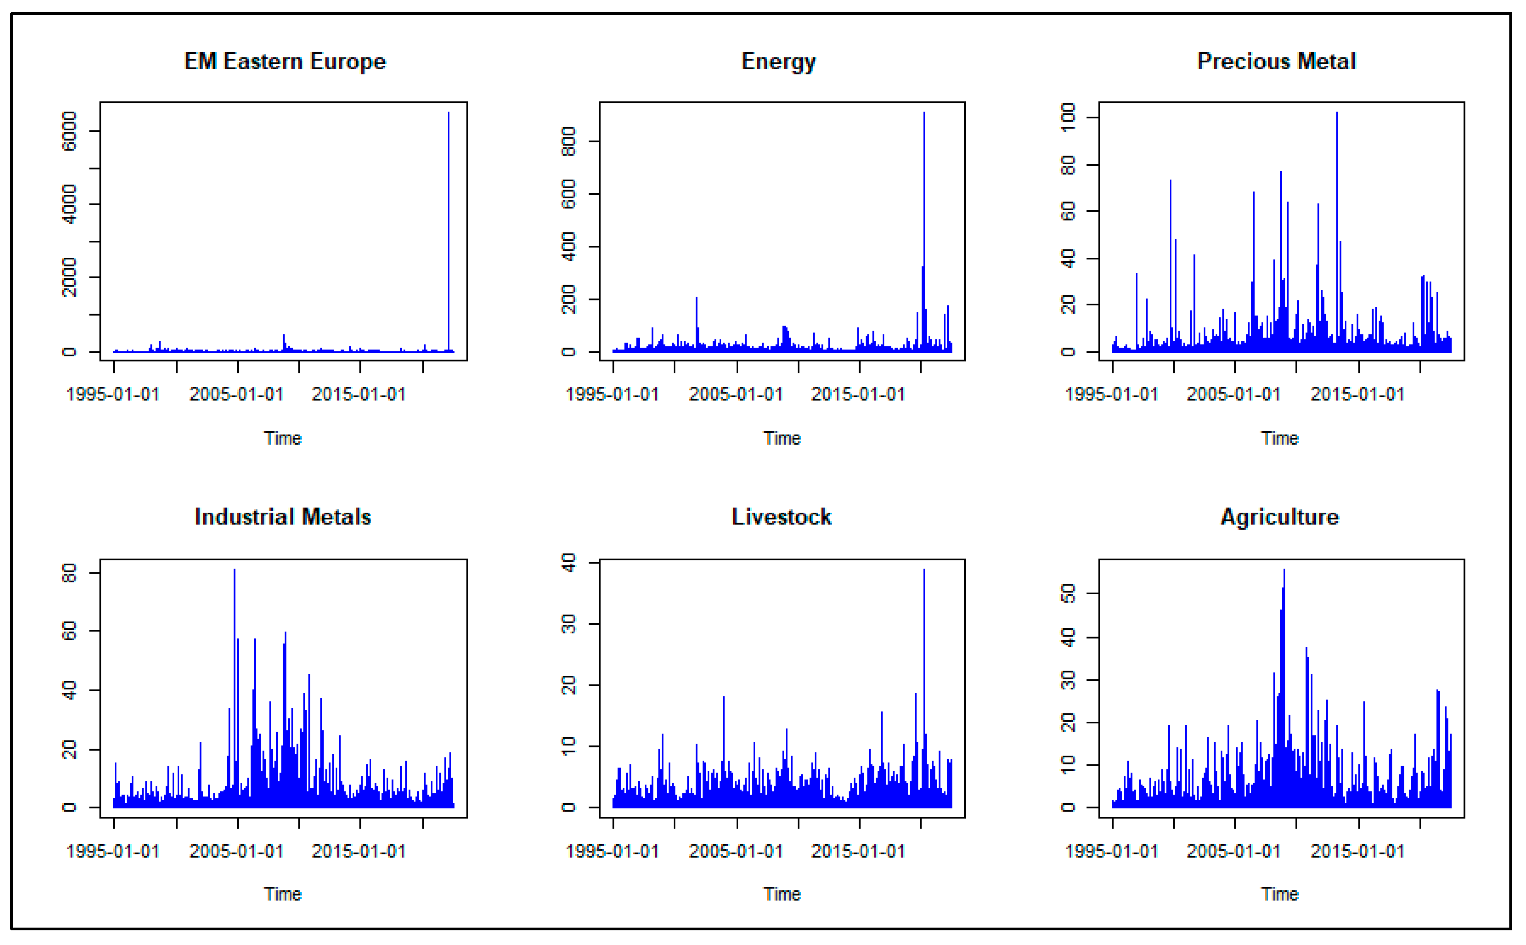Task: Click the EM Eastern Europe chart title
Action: (285, 61)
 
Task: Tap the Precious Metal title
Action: (1276, 61)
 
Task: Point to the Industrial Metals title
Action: (283, 517)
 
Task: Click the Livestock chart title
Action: (781, 517)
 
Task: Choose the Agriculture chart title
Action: (1279, 517)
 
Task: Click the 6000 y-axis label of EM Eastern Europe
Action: (69, 131)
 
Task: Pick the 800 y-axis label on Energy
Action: (568, 141)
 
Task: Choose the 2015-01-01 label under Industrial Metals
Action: (359, 851)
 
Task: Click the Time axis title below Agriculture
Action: (1279, 894)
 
